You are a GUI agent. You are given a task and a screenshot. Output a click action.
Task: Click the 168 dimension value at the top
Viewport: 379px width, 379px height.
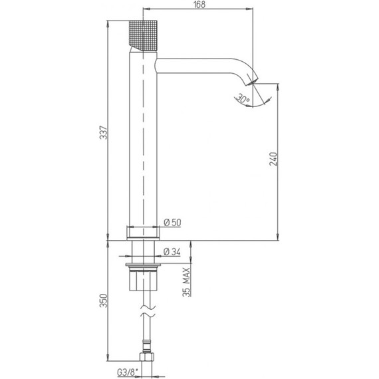tap(199, 5)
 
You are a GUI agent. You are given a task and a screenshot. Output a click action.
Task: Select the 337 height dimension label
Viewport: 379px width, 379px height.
tap(104, 132)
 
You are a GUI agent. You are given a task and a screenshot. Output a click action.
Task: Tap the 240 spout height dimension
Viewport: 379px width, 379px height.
tap(273, 159)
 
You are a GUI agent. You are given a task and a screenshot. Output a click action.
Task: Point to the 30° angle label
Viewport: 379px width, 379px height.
tap(243, 98)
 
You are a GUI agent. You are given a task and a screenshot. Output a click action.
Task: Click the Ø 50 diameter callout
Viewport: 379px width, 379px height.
tap(172, 222)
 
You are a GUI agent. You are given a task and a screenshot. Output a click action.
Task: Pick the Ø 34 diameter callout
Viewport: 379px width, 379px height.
tap(172, 252)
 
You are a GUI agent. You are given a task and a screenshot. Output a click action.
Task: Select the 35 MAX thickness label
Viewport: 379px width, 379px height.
tap(186, 282)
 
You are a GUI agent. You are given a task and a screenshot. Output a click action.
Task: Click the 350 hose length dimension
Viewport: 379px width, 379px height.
tap(104, 301)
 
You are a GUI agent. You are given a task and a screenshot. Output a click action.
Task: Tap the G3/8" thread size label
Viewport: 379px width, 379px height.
tap(126, 372)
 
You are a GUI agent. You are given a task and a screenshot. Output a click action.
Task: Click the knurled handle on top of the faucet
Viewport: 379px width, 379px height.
tap(143, 35)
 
